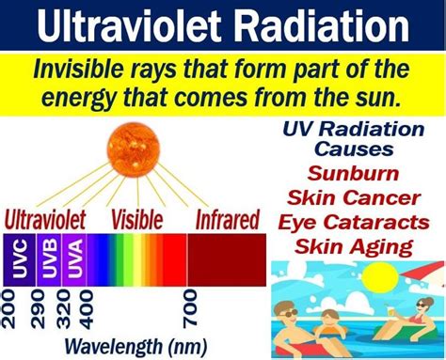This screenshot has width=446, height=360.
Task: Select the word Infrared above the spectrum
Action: point(227,223)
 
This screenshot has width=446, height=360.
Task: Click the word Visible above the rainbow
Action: point(138,223)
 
